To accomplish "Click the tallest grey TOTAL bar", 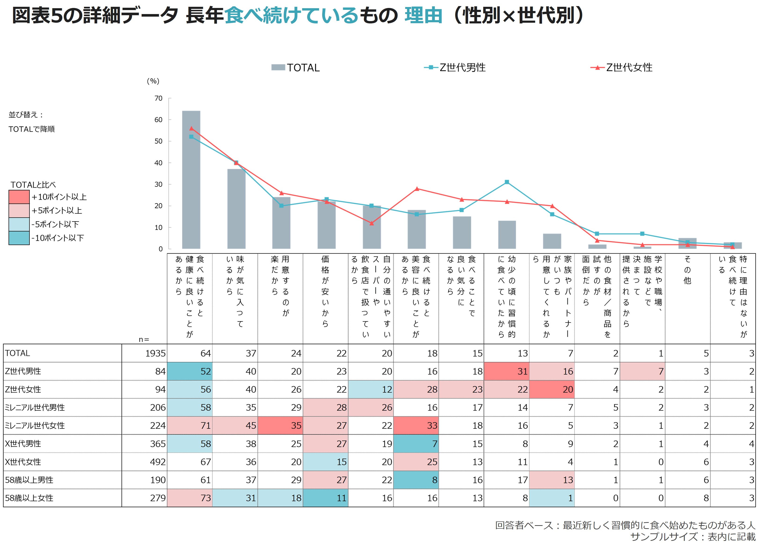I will click(x=191, y=180).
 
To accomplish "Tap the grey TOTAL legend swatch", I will click(x=278, y=68).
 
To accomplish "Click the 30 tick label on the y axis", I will click(x=159, y=185).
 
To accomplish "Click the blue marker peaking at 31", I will click(x=507, y=182).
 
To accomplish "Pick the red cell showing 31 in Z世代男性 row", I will click(x=507, y=372).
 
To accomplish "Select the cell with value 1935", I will click(x=144, y=353).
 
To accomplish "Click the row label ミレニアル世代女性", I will click(x=35, y=426).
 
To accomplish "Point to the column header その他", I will click(x=687, y=270).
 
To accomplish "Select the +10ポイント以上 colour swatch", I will click(x=19, y=197).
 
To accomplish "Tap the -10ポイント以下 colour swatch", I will click(x=19, y=238).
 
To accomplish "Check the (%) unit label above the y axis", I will click(x=153, y=81).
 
